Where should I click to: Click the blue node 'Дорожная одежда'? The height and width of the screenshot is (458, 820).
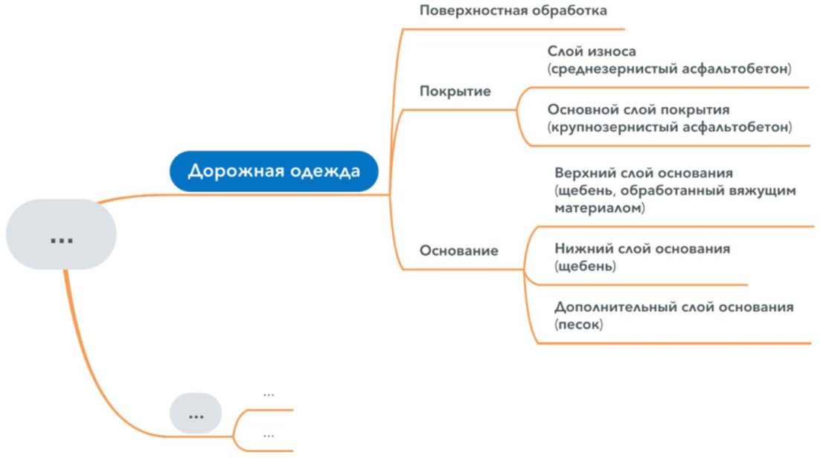pos(273,172)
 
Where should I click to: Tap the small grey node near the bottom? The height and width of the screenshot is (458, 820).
pos(196,413)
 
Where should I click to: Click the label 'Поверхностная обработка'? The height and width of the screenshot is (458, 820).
pos(513,11)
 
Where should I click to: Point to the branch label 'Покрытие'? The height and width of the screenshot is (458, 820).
pos(455,91)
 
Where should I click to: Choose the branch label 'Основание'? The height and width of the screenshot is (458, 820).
pos(458,251)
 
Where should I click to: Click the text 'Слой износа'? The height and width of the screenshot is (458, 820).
pos(592,52)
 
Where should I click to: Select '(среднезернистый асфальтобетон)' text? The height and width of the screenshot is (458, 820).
pos(669,68)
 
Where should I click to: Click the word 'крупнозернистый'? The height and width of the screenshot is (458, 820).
pos(612,126)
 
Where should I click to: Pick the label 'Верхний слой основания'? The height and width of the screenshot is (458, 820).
pos(644,173)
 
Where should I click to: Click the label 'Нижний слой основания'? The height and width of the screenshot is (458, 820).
pos(642,248)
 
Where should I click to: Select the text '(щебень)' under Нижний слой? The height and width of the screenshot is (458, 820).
pos(585,265)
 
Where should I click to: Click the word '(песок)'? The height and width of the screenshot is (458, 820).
pos(578,324)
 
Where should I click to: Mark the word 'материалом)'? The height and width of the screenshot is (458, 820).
pos(599,208)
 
